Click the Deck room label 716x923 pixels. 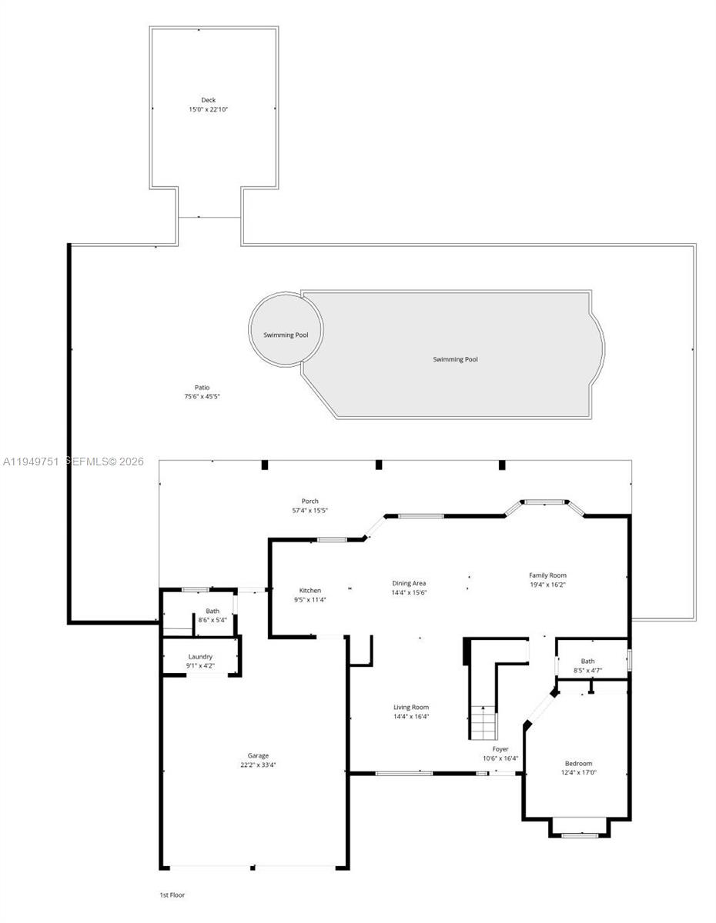coord(209,100)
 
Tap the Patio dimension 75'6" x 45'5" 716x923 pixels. coord(202,396)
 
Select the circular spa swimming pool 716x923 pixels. coord(286,328)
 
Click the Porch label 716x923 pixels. coord(310,501)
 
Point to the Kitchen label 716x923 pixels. coord(310,590)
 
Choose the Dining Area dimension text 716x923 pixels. coord(409,592)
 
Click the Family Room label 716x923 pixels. coord(547,575)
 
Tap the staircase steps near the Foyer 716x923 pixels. coord(483,722)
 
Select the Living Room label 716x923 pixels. coord(411,707)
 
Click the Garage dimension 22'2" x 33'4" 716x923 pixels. coord(258,765)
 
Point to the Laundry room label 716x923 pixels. coord(200,656)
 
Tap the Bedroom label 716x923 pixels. coord(578,763)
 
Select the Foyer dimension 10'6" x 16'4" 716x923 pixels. coord(500,758)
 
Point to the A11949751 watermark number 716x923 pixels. coord(31,461)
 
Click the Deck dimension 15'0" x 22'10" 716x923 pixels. coord(209,109)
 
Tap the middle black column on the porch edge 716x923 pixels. coord(379,465)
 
